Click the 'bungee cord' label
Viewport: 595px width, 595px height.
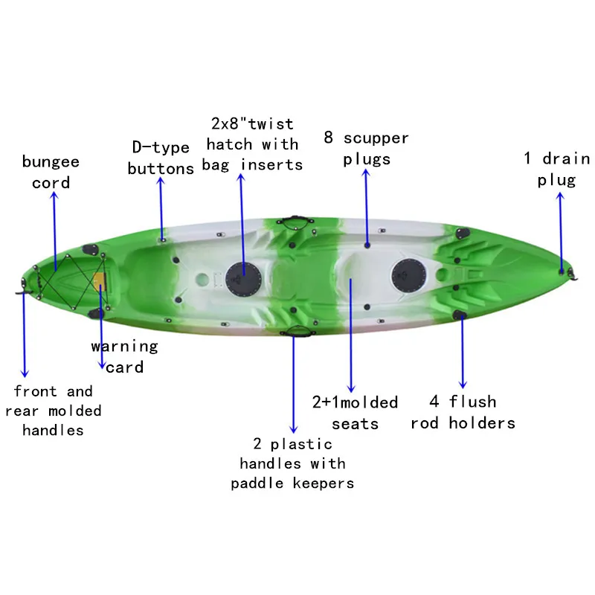[x=51, y=172]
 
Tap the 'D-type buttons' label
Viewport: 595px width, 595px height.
[x=161, y=158]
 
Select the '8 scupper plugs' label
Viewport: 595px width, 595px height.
[x=366, y=149]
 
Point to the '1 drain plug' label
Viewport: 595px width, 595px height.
[x=557, y=169]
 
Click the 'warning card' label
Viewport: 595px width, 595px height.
[x=124, y=356]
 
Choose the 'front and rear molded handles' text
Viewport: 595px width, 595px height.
[x=53, y=411]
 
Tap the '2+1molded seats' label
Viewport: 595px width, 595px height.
[x=355, y=413]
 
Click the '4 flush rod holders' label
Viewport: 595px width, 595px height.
[x=463, y=412]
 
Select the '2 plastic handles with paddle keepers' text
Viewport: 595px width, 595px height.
[x=292, y=463]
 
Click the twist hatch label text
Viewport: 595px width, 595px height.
[x=252, y=144]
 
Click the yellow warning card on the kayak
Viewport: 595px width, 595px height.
[x=100, y=281]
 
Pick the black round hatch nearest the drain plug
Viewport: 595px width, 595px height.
[x=409, y=272]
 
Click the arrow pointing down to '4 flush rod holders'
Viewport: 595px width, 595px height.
[x=463, y=350]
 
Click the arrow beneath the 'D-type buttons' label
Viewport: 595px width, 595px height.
[x=161, y=208]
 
